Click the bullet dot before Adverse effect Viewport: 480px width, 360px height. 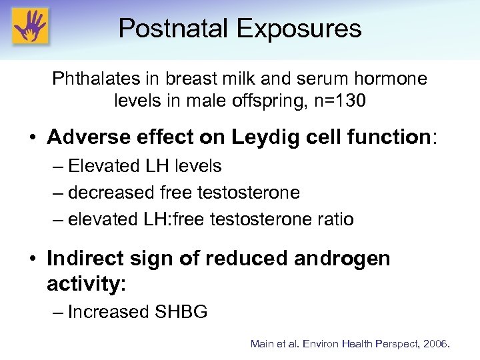[32, 138]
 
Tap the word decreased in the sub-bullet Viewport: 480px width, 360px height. [111, 193]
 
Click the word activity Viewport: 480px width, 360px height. [83, 285]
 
